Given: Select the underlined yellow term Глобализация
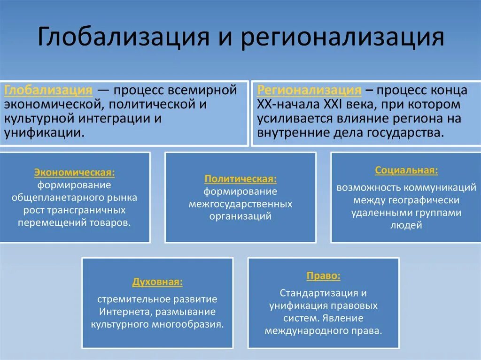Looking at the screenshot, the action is tap(48, 90).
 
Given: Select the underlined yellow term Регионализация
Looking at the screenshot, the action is tap(309, 90).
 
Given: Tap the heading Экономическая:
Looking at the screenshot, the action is tap(74, 173).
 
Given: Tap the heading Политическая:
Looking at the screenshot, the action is tap(240, 179).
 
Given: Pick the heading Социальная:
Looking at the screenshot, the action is tap(407, 170).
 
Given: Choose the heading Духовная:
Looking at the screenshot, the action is tap(157, 283).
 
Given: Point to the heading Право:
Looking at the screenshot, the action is tap(324, 276).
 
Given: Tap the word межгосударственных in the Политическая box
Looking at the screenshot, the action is tap(240, 204).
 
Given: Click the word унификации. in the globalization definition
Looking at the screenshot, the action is tap(45, 132).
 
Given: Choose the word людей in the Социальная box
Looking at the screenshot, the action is tap(407, 225).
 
